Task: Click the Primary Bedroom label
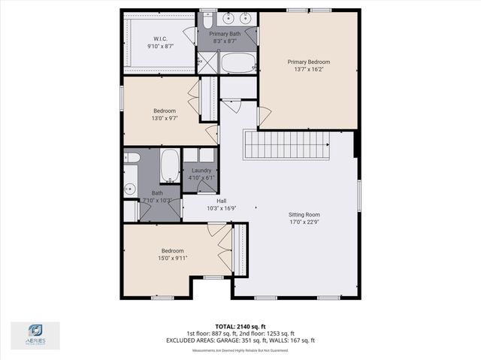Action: click(x=308, y=62)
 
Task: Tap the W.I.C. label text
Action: click(x=160, y=39)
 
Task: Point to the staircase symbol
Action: click(x=286, y=144)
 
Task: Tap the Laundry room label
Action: click(x=201, y=171)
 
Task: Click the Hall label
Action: click(x=222, y=201)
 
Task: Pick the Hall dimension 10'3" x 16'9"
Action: click(x=222, y=209)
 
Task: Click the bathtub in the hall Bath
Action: click(x=171, y=165)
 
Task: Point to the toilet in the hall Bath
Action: click(x=131, y=158)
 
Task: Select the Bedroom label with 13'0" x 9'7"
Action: click(x=164, y=110)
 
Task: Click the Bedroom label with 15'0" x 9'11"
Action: click(x=172, y=250)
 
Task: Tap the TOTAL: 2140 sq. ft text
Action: click(x=240, y=326)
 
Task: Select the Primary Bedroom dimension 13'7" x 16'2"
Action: click(x=308, y=70)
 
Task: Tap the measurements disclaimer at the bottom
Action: click(x=240, y=350)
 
